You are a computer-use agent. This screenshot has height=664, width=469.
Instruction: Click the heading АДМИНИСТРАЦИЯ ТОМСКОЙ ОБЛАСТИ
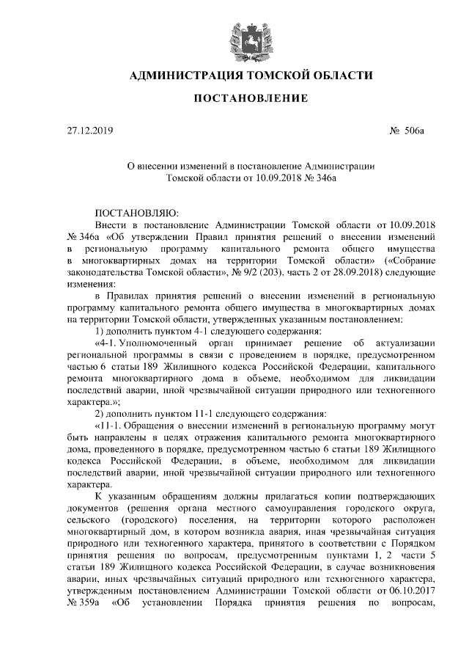pyautogui.click(x=234, y=75)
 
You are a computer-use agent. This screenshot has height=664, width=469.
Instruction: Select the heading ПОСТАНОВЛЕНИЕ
pyautogui.click(x=234, y=98)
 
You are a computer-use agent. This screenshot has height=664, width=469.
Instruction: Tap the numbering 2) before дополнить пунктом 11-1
pyautogui.click(x=100, y=413)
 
